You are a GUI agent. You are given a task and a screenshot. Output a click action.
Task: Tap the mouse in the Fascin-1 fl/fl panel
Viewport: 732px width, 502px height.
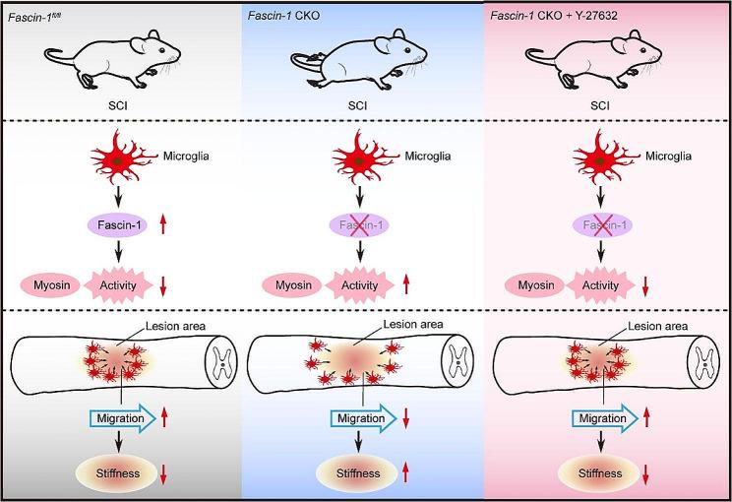click(x=117, y=59)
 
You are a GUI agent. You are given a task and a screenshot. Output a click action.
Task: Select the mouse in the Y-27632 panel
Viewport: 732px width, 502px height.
click(x=605, y=59)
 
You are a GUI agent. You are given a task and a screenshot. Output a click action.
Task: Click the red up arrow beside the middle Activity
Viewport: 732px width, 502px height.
click(x=406, y=285)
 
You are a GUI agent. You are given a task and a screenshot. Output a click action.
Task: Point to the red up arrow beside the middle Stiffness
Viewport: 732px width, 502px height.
click(x=406, y=474)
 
